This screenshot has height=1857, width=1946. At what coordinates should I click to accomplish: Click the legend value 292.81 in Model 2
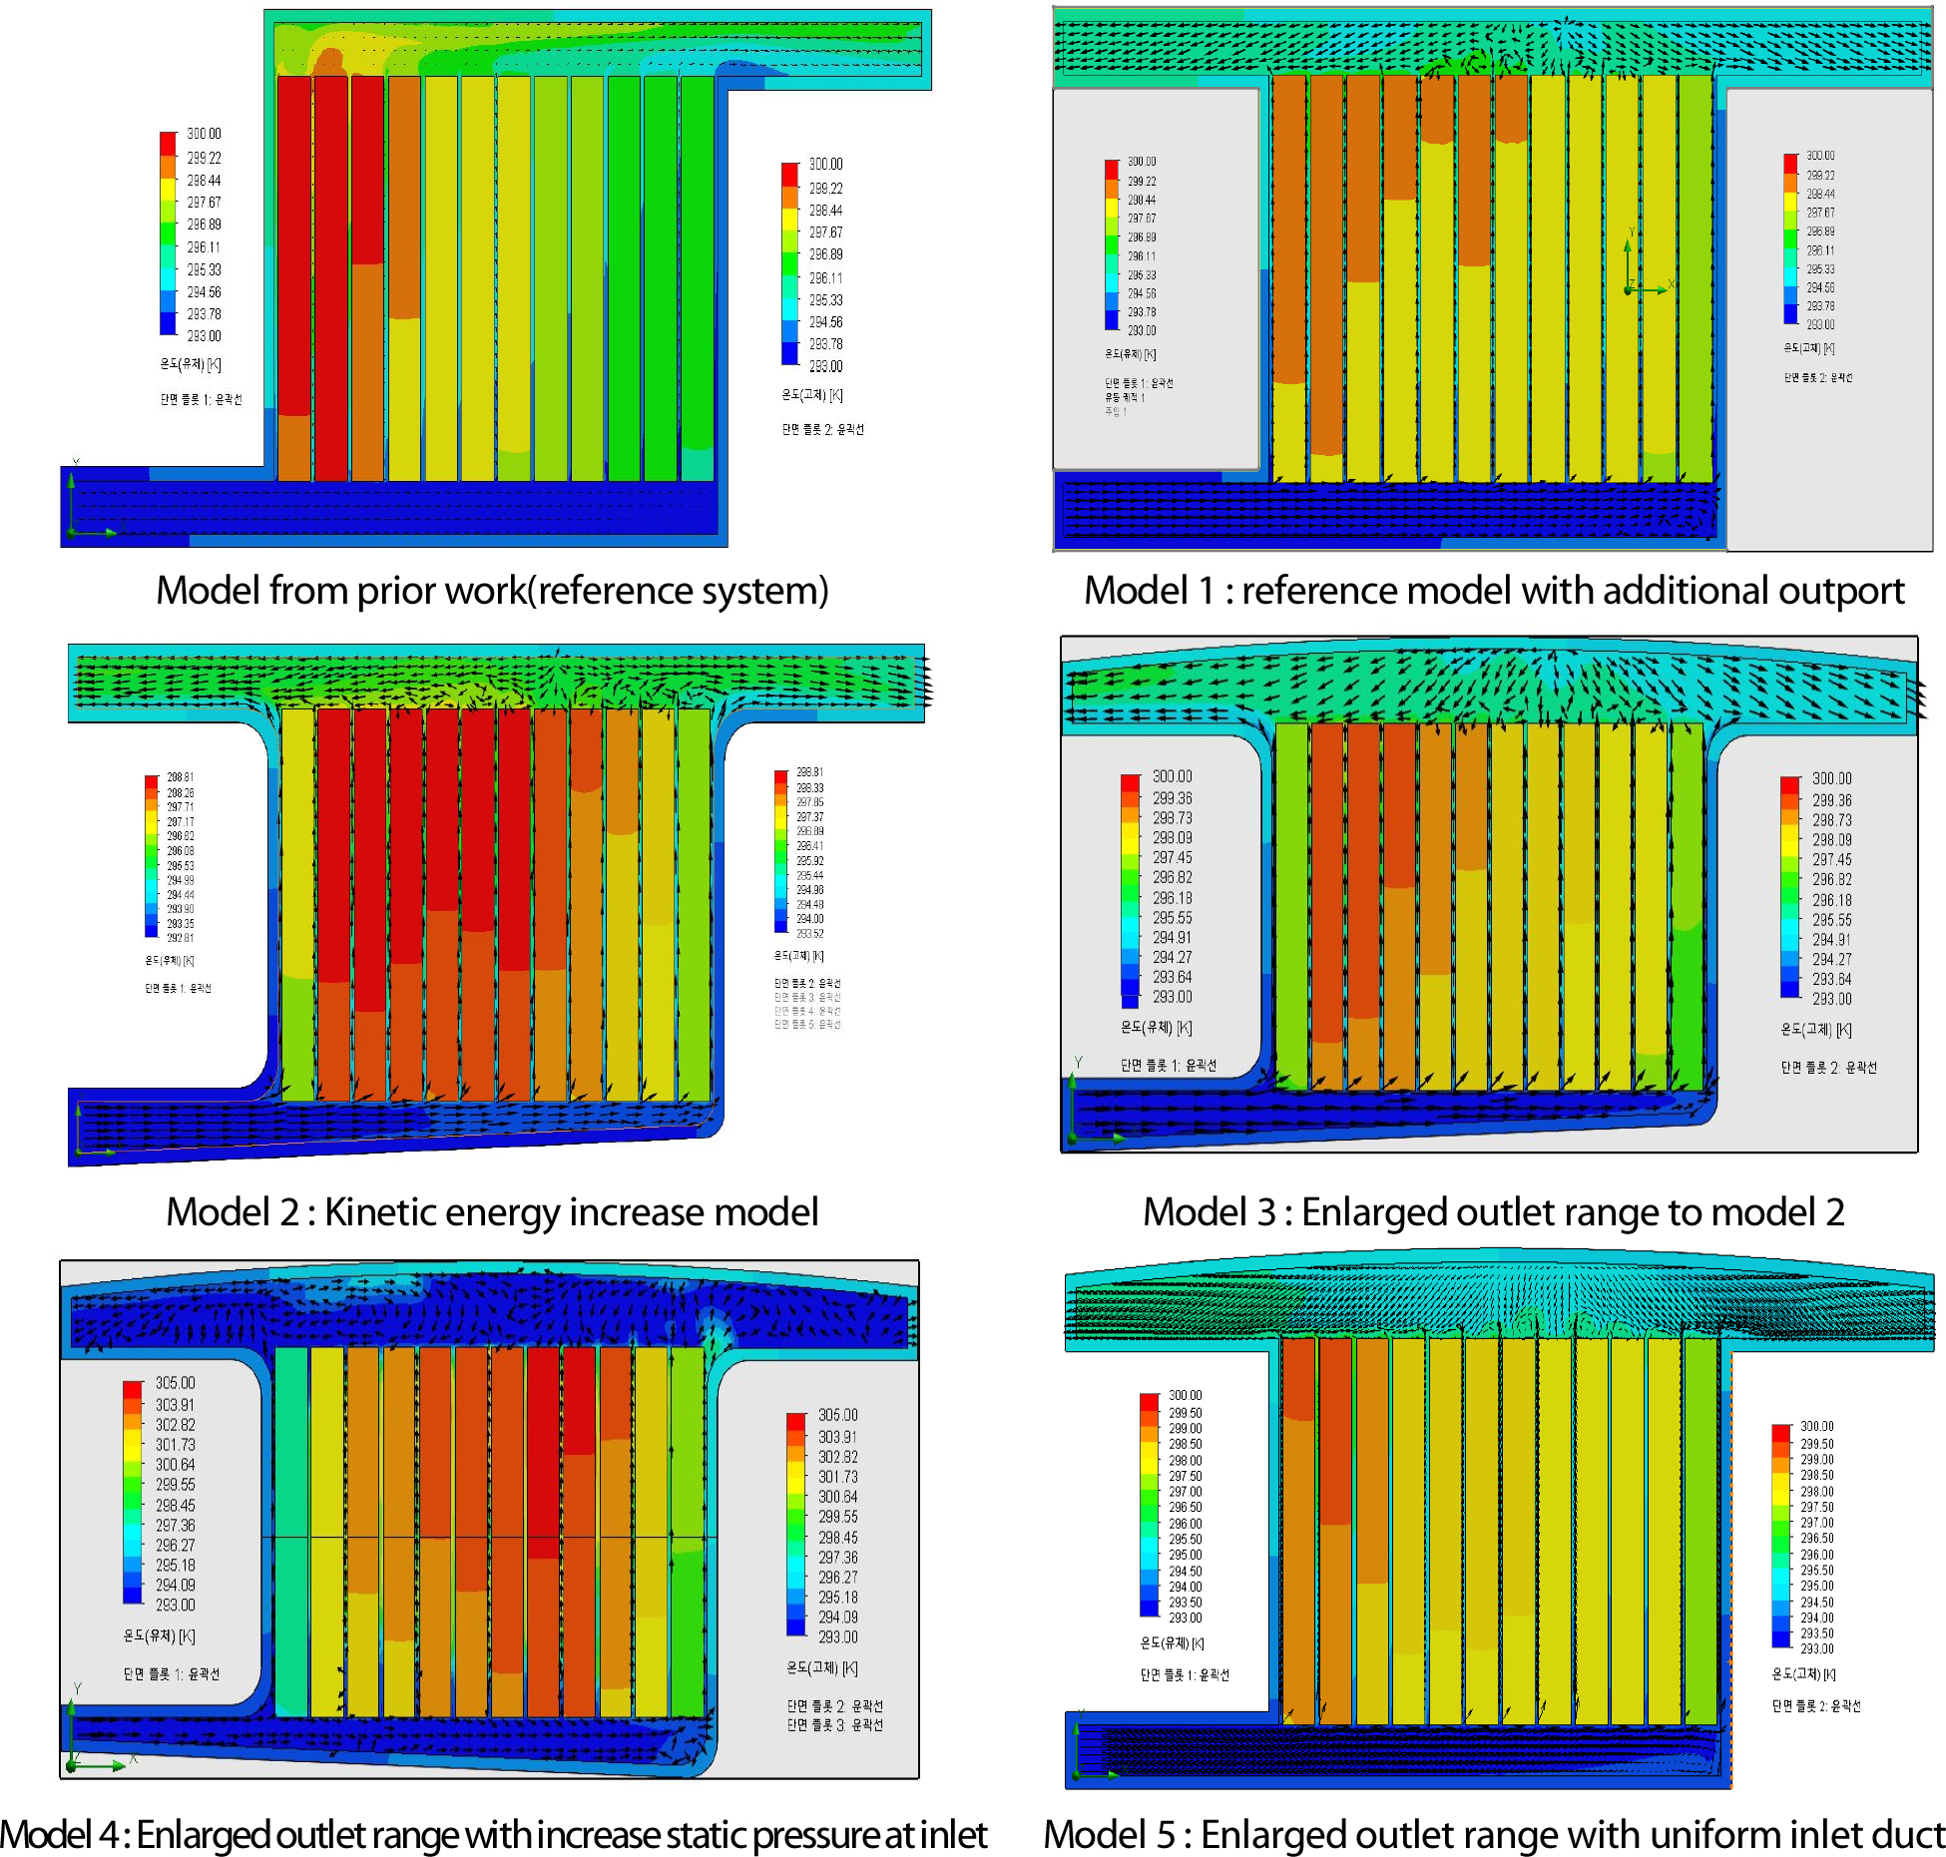click(x=180, y=938)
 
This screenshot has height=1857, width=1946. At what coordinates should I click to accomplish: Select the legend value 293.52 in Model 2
click(x=809, y=934)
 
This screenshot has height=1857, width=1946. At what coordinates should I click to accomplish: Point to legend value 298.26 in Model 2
click(x=180, y=793)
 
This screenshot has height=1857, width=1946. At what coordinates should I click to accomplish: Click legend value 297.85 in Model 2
click(x=809, y=802)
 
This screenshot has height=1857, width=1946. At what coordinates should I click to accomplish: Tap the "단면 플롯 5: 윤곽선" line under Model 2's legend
click(x=807, y=1025)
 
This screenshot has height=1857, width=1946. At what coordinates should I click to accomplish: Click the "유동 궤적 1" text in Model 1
click(x=1125, y=397)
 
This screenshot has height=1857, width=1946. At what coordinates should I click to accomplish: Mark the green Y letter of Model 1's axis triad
click(x=1632, y=232)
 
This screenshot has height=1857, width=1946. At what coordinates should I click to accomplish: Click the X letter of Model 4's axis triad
click(x=134, y=1758)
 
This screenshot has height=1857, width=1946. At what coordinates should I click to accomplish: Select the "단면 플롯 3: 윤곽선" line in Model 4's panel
click(x=834, y=1725)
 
